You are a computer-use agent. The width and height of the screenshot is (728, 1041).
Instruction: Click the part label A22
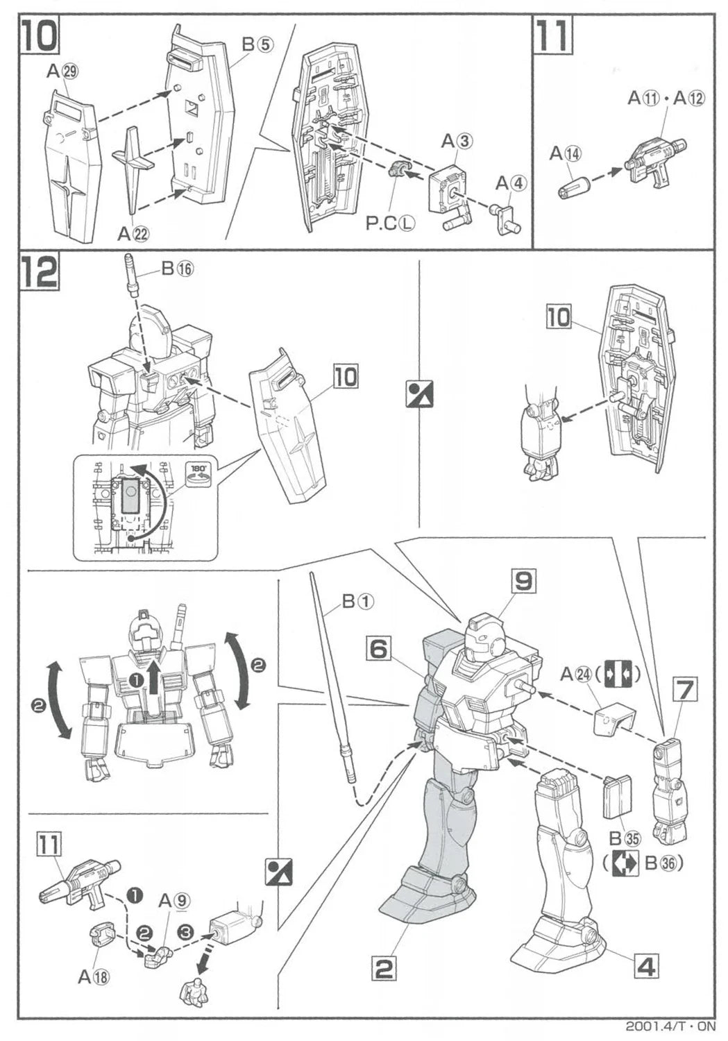pos(133,234)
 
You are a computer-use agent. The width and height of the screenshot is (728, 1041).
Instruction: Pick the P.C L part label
pos(391,223)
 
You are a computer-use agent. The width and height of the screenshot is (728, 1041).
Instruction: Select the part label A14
pos(566,154)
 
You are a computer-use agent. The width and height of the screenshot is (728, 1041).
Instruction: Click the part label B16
pos(177,269)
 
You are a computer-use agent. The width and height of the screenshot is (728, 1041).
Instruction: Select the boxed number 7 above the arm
pos(683,691)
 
